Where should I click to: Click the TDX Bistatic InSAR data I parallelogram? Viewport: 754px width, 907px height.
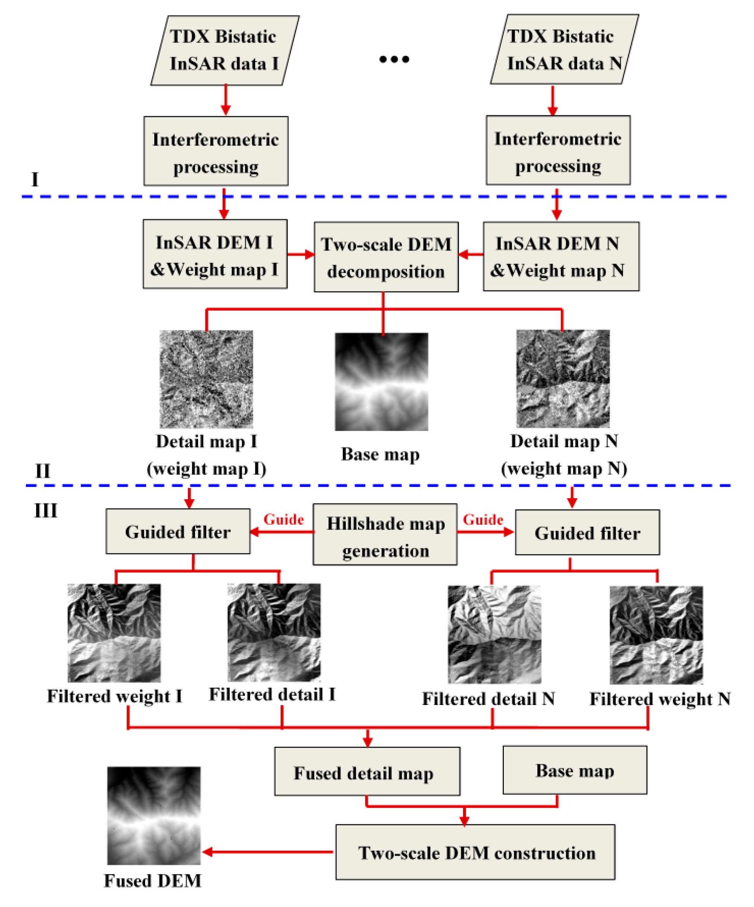(x=224, y=50)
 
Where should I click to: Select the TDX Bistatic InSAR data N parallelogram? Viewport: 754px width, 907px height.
(x=564, y=50)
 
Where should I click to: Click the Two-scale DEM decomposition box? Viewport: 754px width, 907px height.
(x=386, y=257)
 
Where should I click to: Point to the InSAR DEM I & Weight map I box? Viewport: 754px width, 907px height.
(x=215, y=254)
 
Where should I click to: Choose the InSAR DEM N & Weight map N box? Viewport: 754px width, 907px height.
(x=561, y=257)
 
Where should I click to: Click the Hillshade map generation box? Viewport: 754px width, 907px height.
(x=385, y=535)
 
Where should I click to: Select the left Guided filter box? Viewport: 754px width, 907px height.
(x=178, y=532)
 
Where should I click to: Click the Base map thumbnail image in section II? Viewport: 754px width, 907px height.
(x=381, y=381)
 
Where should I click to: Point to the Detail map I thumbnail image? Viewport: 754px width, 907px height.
(x=206, y=379)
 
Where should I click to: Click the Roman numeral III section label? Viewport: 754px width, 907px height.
(x=45, y=511)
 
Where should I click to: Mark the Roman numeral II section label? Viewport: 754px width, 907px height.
(x=42, y=471)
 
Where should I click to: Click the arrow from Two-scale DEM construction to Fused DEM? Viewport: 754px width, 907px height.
(x=268, y=852)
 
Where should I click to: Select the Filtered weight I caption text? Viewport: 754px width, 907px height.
(x=114, y=696)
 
